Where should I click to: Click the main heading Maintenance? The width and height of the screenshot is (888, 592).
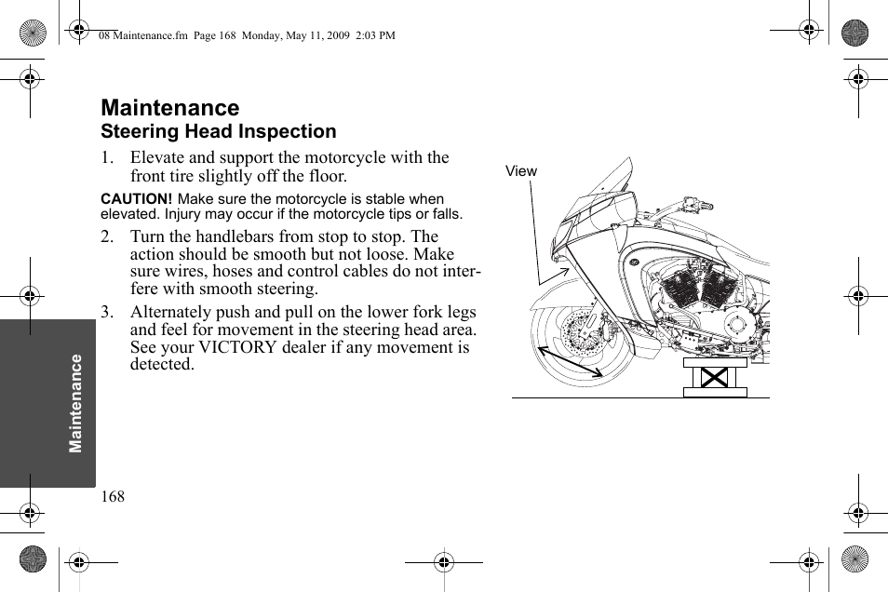[169, 108]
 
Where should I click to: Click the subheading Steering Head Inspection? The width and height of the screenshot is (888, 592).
[218, 132]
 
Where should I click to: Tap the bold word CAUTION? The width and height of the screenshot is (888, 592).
[136, 199]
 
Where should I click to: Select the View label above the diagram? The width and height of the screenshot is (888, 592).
[521, 171]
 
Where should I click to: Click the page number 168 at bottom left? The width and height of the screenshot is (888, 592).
[113, 497]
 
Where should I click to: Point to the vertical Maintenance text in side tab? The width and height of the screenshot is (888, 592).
[76, 403]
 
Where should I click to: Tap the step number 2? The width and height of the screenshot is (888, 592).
[107, 237]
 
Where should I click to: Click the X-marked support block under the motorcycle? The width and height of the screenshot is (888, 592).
[715, 378]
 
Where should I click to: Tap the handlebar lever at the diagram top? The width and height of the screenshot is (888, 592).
[693, 202]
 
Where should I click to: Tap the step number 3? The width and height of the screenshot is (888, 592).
[107, 313]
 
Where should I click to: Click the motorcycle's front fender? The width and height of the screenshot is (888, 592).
[558, 294]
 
